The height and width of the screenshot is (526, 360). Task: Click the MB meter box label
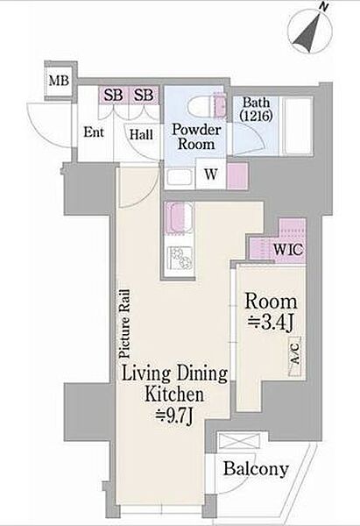(x=59, y=81)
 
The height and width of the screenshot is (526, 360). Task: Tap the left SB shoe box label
(x=113, y=95)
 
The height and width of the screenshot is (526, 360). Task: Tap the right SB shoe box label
(x=144, y=95)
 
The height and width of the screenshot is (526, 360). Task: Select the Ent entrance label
(x=94, y=132)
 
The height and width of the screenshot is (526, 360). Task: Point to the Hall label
(x=141, y=135)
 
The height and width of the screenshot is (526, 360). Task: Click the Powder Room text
(x=196, y=137)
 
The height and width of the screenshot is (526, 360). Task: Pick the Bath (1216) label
(x=256, y=109)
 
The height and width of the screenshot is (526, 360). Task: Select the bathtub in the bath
(x=298, y=125)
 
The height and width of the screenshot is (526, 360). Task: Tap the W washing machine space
(x=211, y=174)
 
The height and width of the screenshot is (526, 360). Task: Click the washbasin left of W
(x=180, y=177)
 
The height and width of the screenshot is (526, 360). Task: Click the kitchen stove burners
(x=180, y=258)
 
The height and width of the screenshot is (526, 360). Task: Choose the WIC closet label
(x=288, y=250)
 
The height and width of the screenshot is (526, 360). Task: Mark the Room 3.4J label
(x=271, y=312)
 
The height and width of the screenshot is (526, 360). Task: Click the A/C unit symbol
(x=294, y=356)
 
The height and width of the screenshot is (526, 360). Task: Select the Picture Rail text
(x=124, y=323)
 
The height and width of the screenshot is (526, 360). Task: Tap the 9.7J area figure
(x=174, y=416)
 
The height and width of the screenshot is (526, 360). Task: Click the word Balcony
(x=256, y=469)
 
